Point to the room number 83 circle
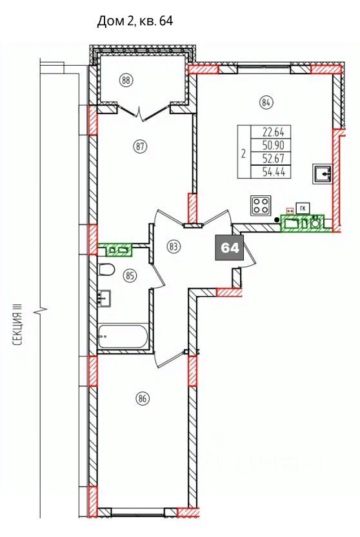[x=174, y=246]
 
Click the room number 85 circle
[x=129, y=275]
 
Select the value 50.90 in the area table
[x=274, y=145]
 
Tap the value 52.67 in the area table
[x=274, y=158]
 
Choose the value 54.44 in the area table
[x=274, y=171]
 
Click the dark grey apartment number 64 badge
[x=230, y=248]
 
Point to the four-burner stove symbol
[x=261, y=206]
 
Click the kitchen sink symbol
[x=321, y=174]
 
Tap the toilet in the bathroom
[x=106, y=270]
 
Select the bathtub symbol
[x=123, y=337]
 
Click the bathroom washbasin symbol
[x=104, y=298]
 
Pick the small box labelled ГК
[x=303, y=208]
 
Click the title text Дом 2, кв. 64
[x=135, y=21]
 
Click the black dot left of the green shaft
[x=277, y=220]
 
